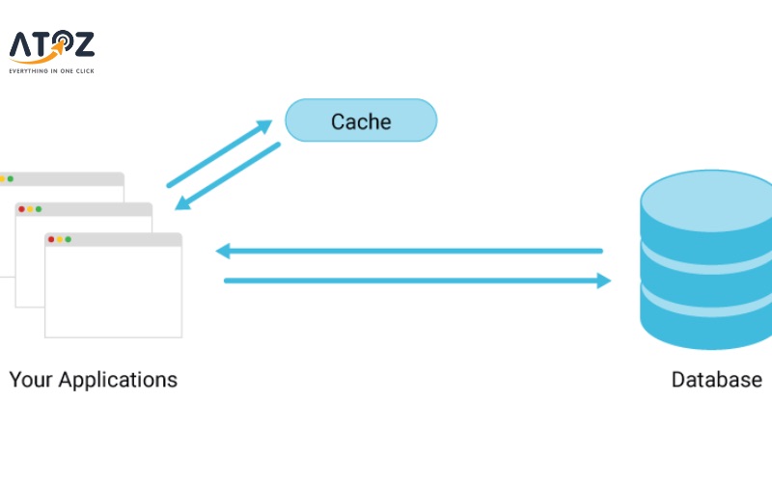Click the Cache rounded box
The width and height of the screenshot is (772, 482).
point(361,120)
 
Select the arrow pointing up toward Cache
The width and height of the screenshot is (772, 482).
point(219,153)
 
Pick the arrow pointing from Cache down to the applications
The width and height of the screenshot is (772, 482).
point(228,176)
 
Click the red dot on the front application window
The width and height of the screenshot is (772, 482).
point(51,239)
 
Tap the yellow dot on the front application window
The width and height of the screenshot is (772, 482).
point(60,239)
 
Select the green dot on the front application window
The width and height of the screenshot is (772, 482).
point(69,239)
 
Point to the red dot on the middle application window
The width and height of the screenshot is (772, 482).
point(21,208)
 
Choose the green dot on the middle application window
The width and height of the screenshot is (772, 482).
point(39,208)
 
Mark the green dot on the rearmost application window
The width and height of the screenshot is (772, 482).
point(10,178)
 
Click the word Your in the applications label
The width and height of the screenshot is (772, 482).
point(30,380)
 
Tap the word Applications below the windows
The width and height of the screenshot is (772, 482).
point(117,380)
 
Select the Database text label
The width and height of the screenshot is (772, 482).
point(716,380)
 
